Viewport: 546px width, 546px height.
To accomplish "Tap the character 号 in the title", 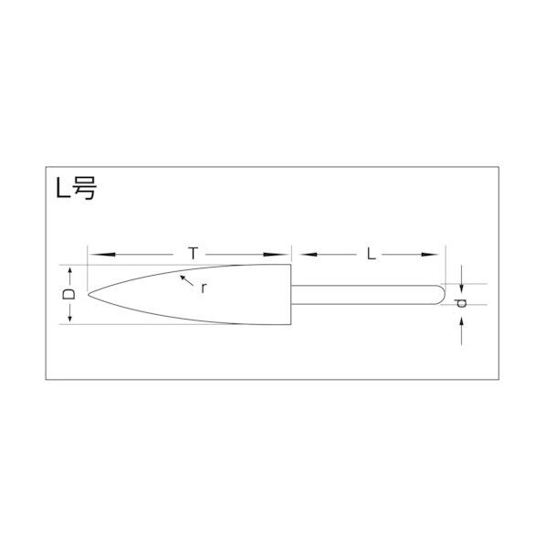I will (x=83, y=191).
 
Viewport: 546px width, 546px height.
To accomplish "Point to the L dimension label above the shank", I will (x=371, y=255).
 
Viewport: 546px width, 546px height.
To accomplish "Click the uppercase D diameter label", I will (x=68, y=294).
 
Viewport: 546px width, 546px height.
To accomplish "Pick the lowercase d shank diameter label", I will (x=462, y=302).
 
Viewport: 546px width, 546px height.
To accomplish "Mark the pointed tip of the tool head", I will (x=89, y=294).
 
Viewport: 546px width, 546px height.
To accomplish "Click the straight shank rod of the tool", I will (x=365, y=294).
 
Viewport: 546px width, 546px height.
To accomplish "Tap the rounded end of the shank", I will (x=443, y=294).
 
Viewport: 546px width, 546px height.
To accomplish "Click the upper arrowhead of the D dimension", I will (x=68, y=270).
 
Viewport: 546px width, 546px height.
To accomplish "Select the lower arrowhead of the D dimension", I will (x=68, y=318).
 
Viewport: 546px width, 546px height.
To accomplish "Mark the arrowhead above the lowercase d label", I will (x=462, y=280).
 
